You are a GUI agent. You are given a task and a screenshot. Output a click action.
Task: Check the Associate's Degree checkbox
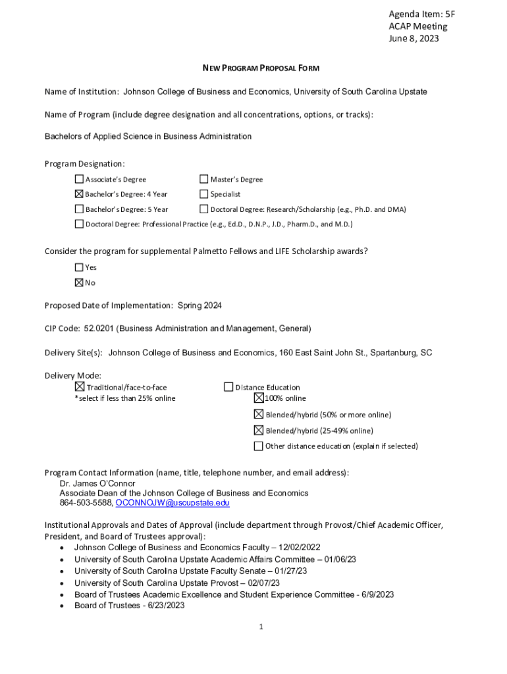coord(79,179)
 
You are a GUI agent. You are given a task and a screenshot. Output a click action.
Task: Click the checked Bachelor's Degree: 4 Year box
coord(79,194)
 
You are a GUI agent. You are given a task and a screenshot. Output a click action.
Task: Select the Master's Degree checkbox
coord(204,179)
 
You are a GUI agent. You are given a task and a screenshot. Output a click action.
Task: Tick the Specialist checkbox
coord(204,194)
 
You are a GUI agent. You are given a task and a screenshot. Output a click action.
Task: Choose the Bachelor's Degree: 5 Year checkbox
coord(79,209)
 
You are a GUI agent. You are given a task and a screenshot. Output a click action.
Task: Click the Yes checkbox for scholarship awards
coord(79,267)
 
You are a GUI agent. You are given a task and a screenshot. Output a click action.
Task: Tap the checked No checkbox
coord(79,282)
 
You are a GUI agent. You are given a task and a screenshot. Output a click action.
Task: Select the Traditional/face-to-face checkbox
coord(80,387)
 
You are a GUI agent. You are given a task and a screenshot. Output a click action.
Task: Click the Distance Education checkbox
coord(228,387)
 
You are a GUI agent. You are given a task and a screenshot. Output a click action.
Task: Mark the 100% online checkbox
coord(259,398)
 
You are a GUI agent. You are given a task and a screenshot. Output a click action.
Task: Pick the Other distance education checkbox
coord(259,446)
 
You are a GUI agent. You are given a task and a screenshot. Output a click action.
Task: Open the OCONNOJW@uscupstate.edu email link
coord(173,503)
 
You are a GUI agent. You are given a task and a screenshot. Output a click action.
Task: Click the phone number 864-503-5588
coord(86,503)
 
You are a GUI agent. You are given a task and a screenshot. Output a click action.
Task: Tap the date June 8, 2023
coord(413,38)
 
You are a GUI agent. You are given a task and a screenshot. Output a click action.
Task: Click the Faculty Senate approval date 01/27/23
coord(291,571)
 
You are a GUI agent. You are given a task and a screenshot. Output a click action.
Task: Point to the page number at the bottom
coord(261,627)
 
